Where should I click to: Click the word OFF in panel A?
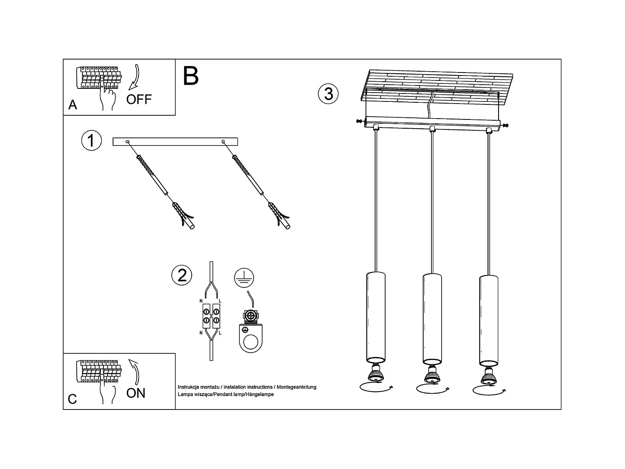coord(139,99)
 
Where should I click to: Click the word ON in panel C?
coord(136,393)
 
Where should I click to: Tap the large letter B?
coord(191,76)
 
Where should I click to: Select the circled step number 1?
coord(91,140)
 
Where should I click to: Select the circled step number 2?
coord(182,275)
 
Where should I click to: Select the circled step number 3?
coord(328,93)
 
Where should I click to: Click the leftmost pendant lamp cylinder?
coord(376,317)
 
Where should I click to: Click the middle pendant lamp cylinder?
coord(432,319)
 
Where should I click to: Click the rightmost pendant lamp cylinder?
coord(488,320)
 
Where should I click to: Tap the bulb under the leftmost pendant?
coord(376,373)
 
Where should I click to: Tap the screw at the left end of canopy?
coord(359,122)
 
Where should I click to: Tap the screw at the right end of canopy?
coord(507,125)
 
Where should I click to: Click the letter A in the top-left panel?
coord(73,105)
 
